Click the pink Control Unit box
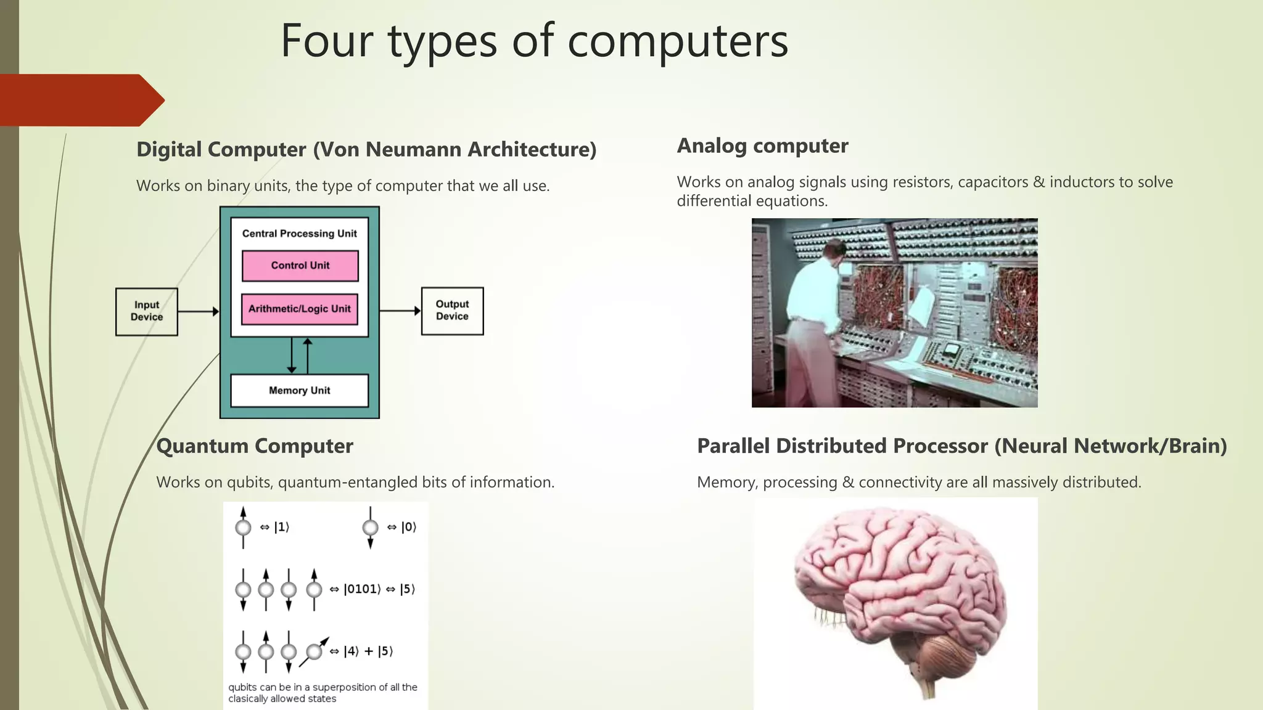coord(300,266)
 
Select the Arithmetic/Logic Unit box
coord(300,309)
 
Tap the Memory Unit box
coord(300,390)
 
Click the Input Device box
coord(147,311)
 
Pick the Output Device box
coord(452,311)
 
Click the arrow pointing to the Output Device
coord(400,311)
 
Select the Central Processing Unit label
coord(300,234)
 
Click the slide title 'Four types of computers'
coord(534,41)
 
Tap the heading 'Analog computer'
coord(762,146)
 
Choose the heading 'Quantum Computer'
coord(255,446)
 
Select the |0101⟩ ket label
coord(362,589)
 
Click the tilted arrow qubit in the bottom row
coord(315,651)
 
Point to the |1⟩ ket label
coord(281,527)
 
